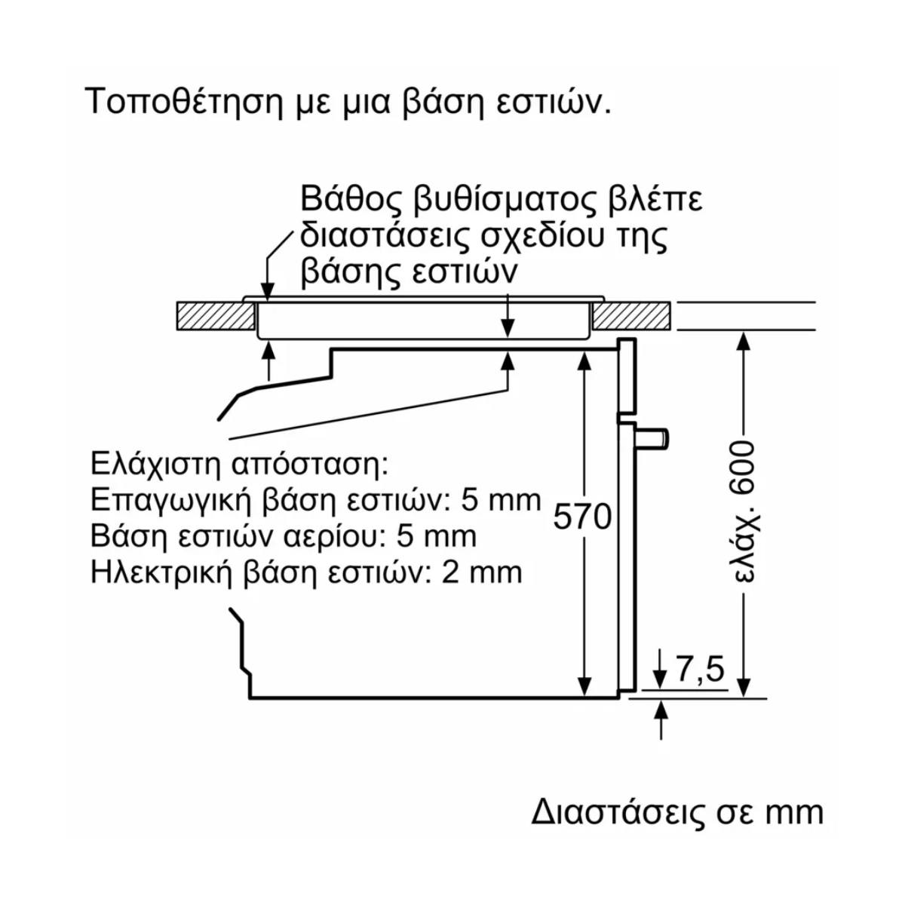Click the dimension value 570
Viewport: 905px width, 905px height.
pos(583,516)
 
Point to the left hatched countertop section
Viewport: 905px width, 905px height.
pos(216,315)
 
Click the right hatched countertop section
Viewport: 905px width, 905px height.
pos(632,315)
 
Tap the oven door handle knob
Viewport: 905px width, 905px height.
pos(652,438)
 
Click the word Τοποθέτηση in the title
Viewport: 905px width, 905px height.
pos(180,102)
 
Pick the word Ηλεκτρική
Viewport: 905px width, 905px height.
pos(161,572)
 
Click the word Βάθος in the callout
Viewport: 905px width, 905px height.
pos(345,199)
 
